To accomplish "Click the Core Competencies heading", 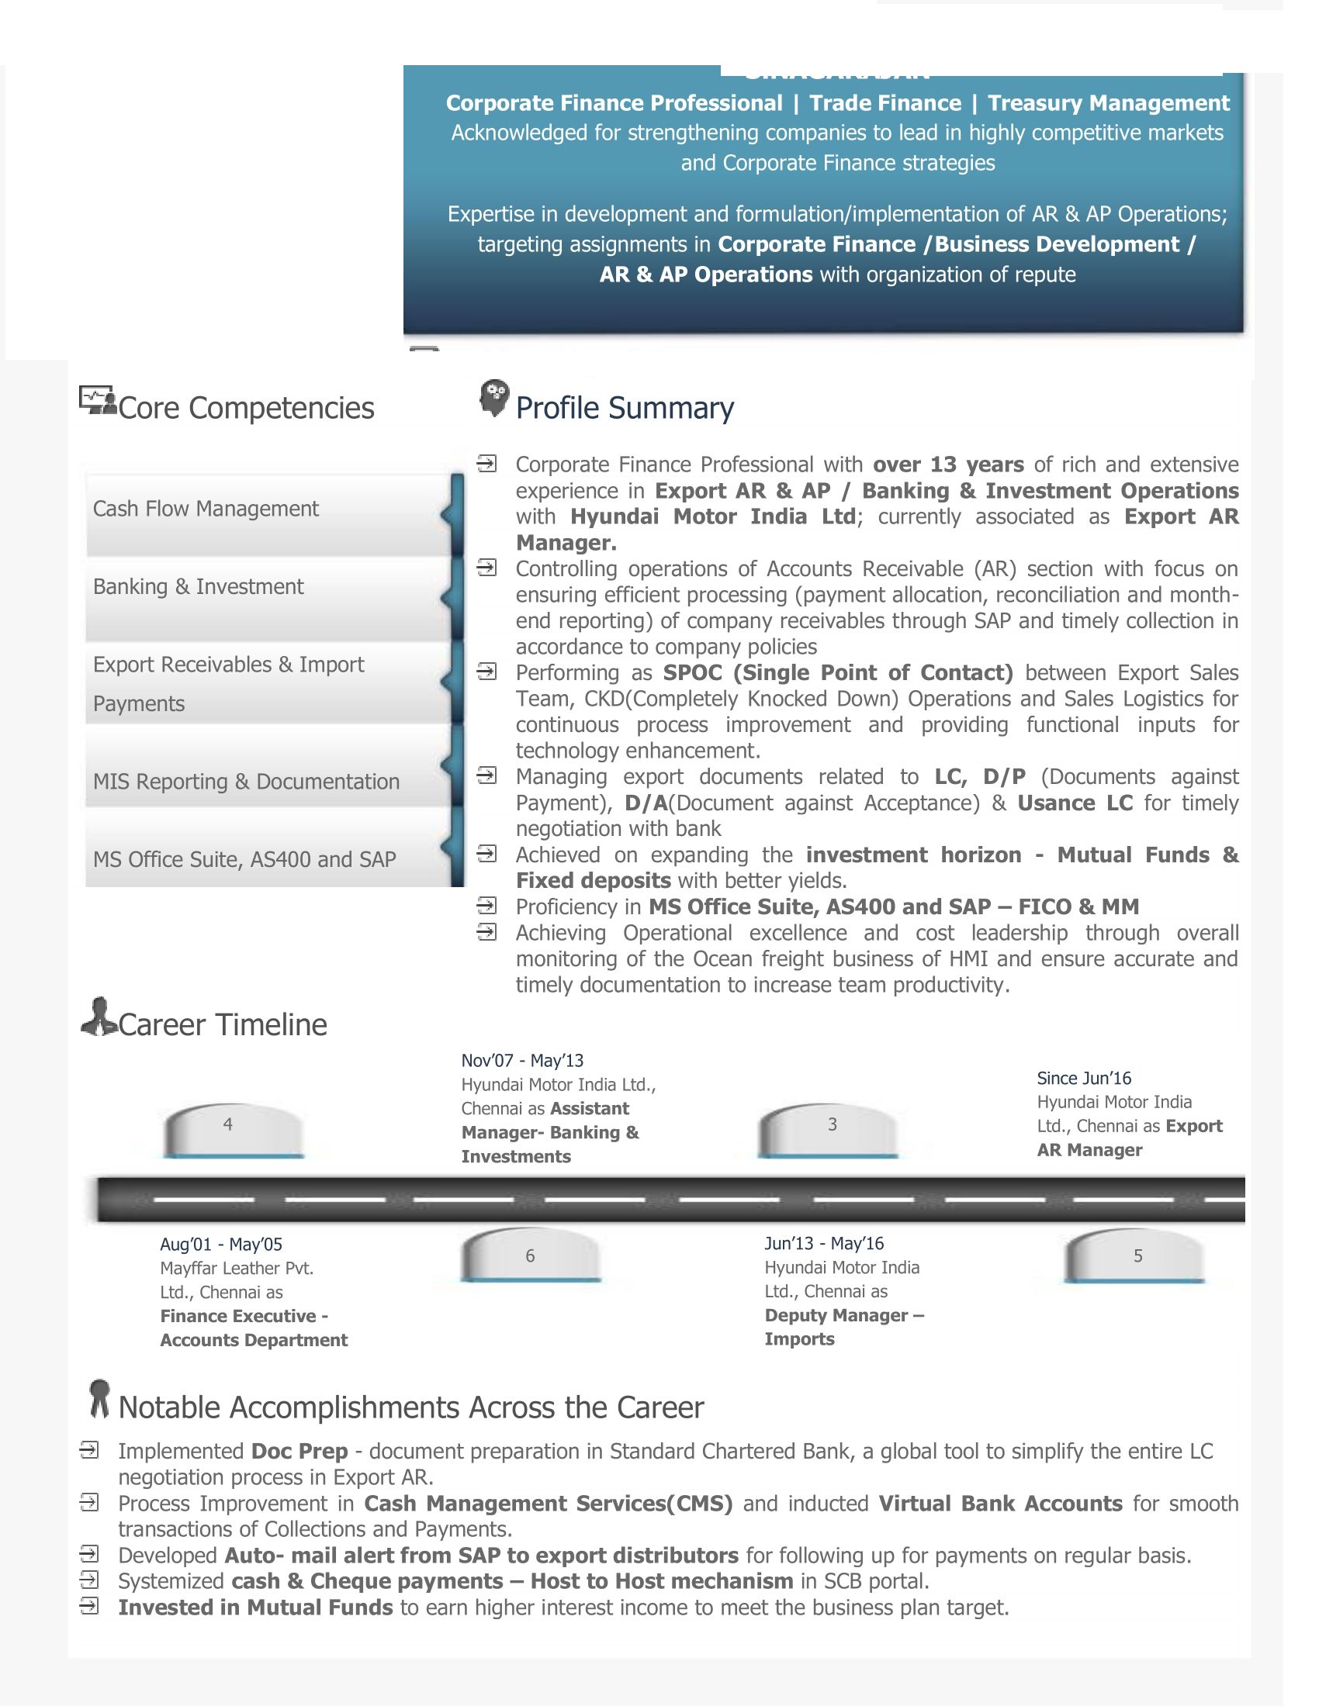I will tap(245, 408).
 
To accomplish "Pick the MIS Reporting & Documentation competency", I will tap(268, 781).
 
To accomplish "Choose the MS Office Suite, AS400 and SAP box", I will tap(268, 859).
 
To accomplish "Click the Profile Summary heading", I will tap(625, 408).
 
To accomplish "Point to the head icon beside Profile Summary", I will tap(493, 398).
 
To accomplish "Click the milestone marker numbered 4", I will tap(232, 1129).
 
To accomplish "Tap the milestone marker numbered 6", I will tap(531, 1255).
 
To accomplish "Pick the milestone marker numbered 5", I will tap(1134, 1255).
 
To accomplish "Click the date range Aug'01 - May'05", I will tap(221, 1245).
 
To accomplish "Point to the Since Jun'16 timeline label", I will tap(1084, 1078).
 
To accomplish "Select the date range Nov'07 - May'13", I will tap(522, 1060).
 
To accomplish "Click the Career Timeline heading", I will tap(222, 1025).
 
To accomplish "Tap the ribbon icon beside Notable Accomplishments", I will tap(99, 1398).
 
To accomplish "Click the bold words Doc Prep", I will tap(299, 1452).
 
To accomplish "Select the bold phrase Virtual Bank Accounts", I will tap(1000, 1504).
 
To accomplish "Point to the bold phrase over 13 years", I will tap(948, 464).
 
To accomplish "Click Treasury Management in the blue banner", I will tap(1108, 103).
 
